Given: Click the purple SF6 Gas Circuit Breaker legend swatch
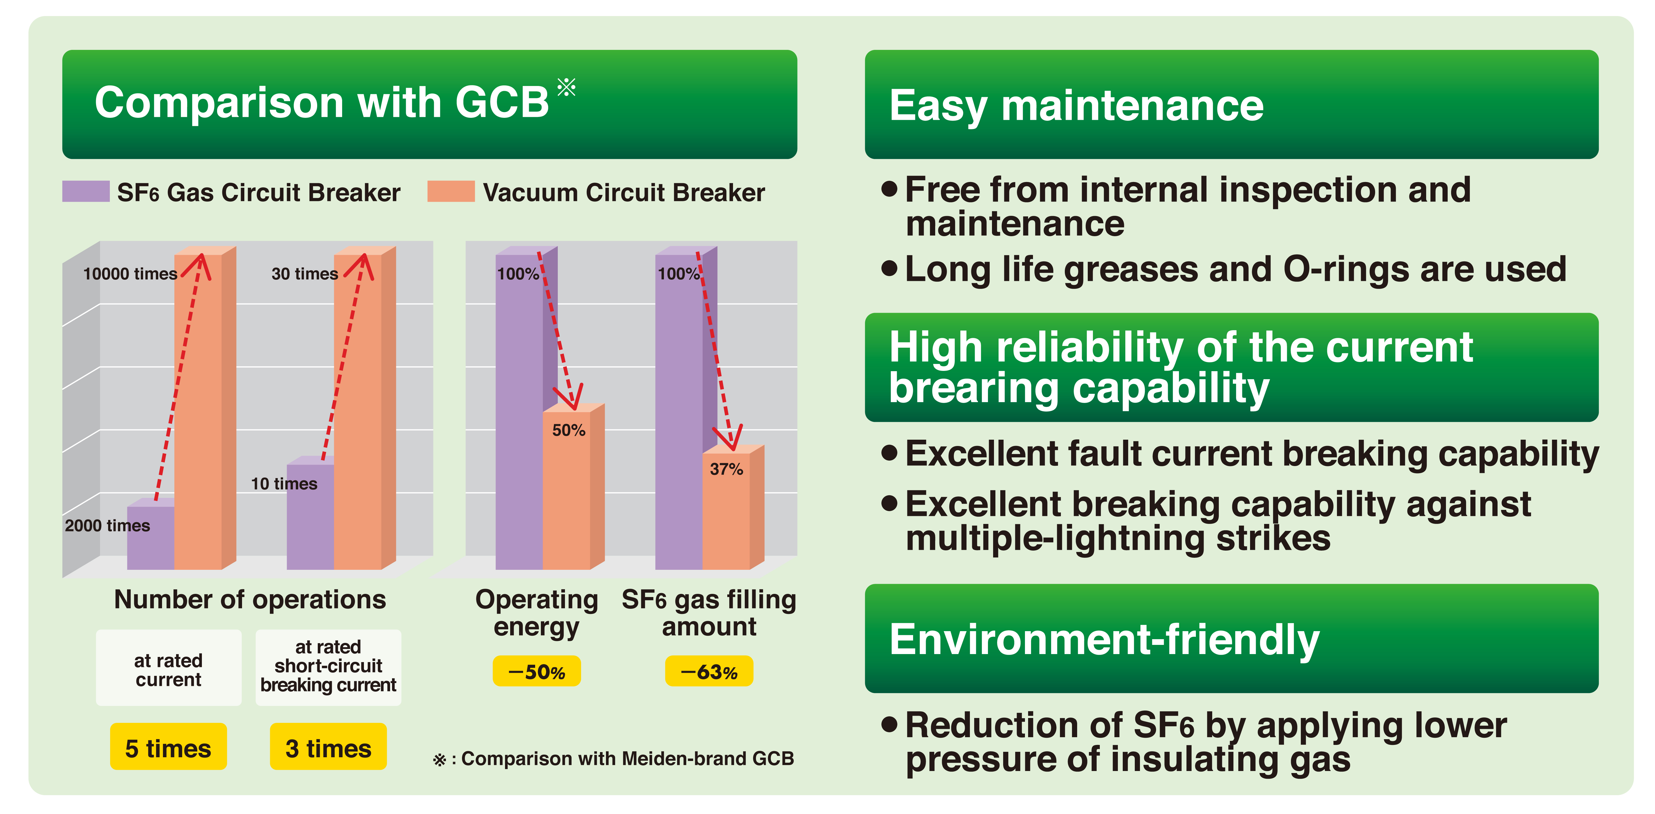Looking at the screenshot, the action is pos(85,191).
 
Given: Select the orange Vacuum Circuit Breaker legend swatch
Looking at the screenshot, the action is pos(451,191).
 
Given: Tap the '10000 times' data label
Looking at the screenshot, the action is pos(130,274).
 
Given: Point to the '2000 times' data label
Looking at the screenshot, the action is pos(107,526).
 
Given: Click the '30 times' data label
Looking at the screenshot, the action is pos(305,274).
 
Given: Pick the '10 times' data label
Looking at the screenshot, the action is pos(284,484).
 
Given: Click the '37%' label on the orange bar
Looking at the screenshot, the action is pos(726,469).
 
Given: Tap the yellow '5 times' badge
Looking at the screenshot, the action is pos(168,747).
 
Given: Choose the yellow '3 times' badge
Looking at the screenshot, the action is pos(328,747).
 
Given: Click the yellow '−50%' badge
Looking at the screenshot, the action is pos(537,672).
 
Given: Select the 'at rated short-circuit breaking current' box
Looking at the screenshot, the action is pos(328,668).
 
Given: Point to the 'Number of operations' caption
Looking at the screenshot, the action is pos(250,600).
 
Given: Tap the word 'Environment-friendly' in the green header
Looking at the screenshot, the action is pos(1104,641).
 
